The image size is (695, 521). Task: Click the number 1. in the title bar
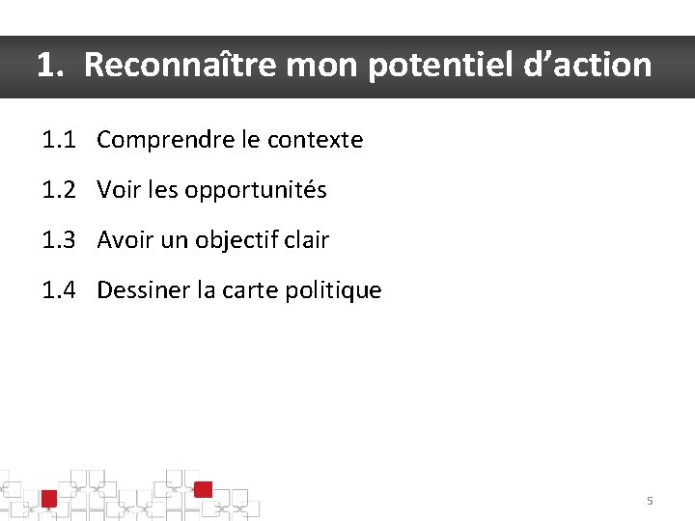pyautogui.click(x=52, y=66)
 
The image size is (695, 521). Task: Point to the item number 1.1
pyautogui.click(x=60, y=140)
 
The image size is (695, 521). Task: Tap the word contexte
pyautogui.click(x=315, y=140)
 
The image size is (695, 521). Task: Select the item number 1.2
pyautogui.click(x=60, y=190)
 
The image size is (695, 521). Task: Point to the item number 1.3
pyautogui.click(x=60, y=240)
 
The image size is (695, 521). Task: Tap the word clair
pyautogui.click(x=307, y=240)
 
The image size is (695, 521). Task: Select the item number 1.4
pyautogui.click(x=60, y=290)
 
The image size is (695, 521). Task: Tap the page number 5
pyautogui.click(x=650, y=501)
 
